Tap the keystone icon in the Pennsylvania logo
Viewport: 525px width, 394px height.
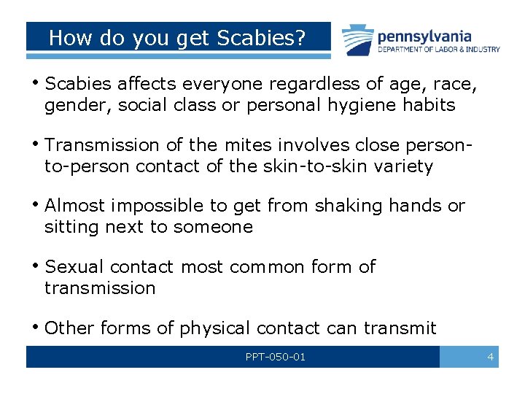356,40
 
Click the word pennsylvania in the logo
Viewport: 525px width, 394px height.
424,36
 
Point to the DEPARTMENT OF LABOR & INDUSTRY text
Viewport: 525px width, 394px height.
438,50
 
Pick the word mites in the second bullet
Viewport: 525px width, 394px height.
249,146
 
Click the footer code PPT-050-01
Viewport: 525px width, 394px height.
276,357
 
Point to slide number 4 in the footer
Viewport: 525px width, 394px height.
490,357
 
